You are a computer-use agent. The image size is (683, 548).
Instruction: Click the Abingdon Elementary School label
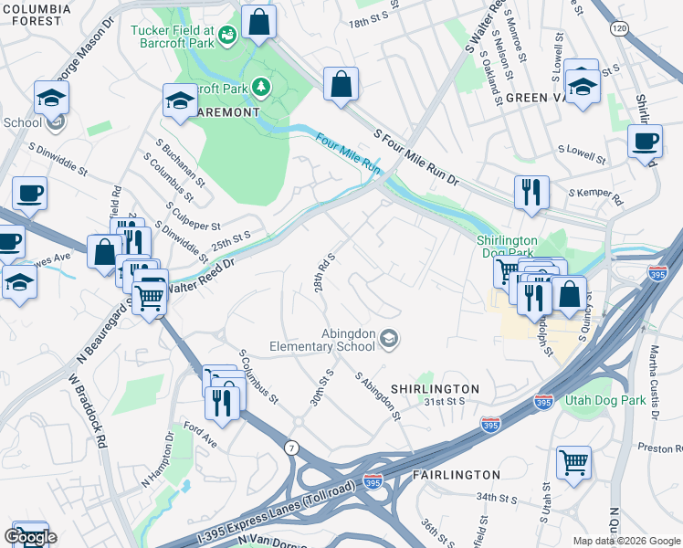pos(321,340)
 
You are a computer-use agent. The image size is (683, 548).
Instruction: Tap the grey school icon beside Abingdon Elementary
pos(389,340)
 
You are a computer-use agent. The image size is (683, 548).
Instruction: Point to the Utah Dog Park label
pos(604,401)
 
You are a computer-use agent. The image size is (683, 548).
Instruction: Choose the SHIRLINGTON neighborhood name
pos(435,389)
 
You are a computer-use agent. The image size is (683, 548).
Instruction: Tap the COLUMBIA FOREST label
pos(36,15)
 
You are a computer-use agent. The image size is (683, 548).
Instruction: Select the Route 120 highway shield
pos(620,29)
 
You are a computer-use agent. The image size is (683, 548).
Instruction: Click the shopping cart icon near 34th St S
pos(573,461)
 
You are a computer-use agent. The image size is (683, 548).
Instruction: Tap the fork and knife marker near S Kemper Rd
pos(531,192)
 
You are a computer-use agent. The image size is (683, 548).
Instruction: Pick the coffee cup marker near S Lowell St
pos(645,142)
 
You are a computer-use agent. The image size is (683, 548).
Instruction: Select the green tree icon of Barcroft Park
pos(262,87)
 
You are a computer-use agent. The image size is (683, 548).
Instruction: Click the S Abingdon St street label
pos(379,395)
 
